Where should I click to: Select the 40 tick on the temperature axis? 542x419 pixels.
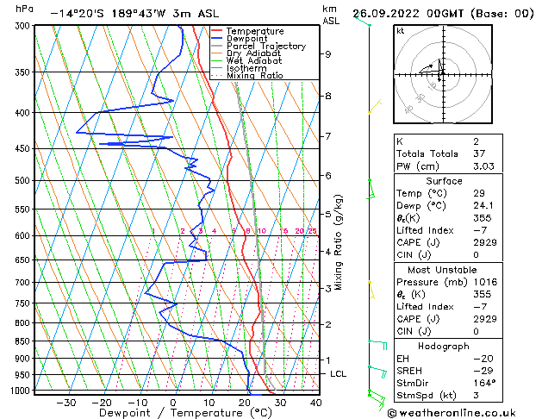(315, 402)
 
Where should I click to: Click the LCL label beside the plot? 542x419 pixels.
(339, 373)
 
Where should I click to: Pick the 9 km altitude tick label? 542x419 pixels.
(328, 54)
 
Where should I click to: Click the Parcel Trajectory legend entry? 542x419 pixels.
(265, 47)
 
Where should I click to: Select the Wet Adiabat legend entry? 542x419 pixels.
(254, 61)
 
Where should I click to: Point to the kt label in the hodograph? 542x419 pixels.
(401, 30)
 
